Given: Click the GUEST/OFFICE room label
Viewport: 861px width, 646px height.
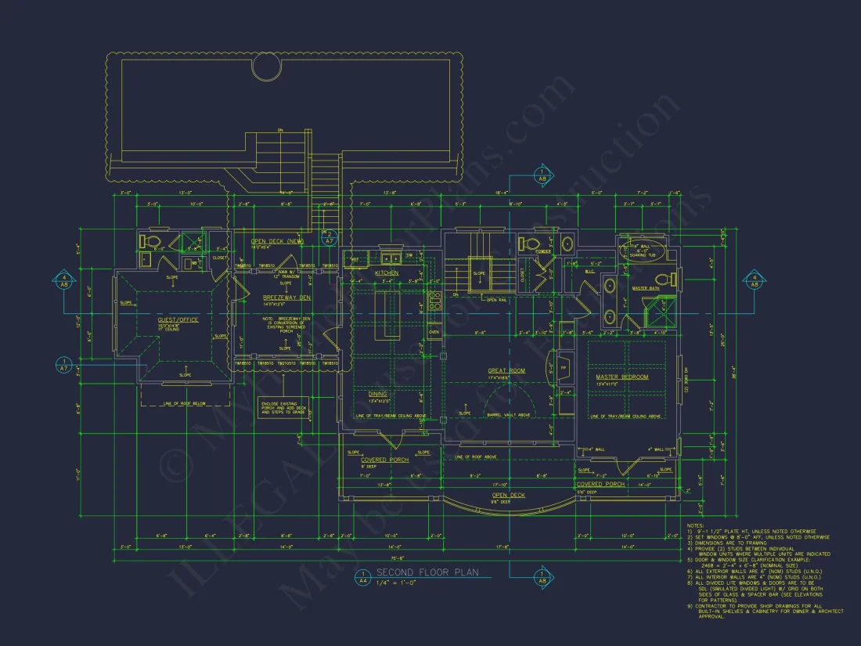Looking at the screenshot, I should (x=179, y=319).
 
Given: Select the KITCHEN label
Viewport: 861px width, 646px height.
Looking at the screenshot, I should (x=387, y=272).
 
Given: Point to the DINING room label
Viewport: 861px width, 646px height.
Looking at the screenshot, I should (x=377, y=394).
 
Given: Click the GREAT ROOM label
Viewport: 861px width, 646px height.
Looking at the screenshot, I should (x=506, y=370).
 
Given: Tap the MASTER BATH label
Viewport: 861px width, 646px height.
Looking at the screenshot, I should (x=646, y=288).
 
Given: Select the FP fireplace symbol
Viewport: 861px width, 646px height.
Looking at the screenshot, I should (x=563, y=367).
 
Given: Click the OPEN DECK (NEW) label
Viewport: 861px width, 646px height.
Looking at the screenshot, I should (x=276, y=240).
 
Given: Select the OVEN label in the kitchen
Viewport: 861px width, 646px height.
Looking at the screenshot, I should (x=434, y=332).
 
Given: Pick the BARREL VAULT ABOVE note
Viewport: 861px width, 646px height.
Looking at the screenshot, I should (x=509, y=414).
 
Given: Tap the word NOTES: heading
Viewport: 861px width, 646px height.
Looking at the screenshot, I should (x=695, y=525).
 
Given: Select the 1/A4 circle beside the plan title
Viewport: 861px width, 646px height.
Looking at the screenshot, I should (x=362, y=578).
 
